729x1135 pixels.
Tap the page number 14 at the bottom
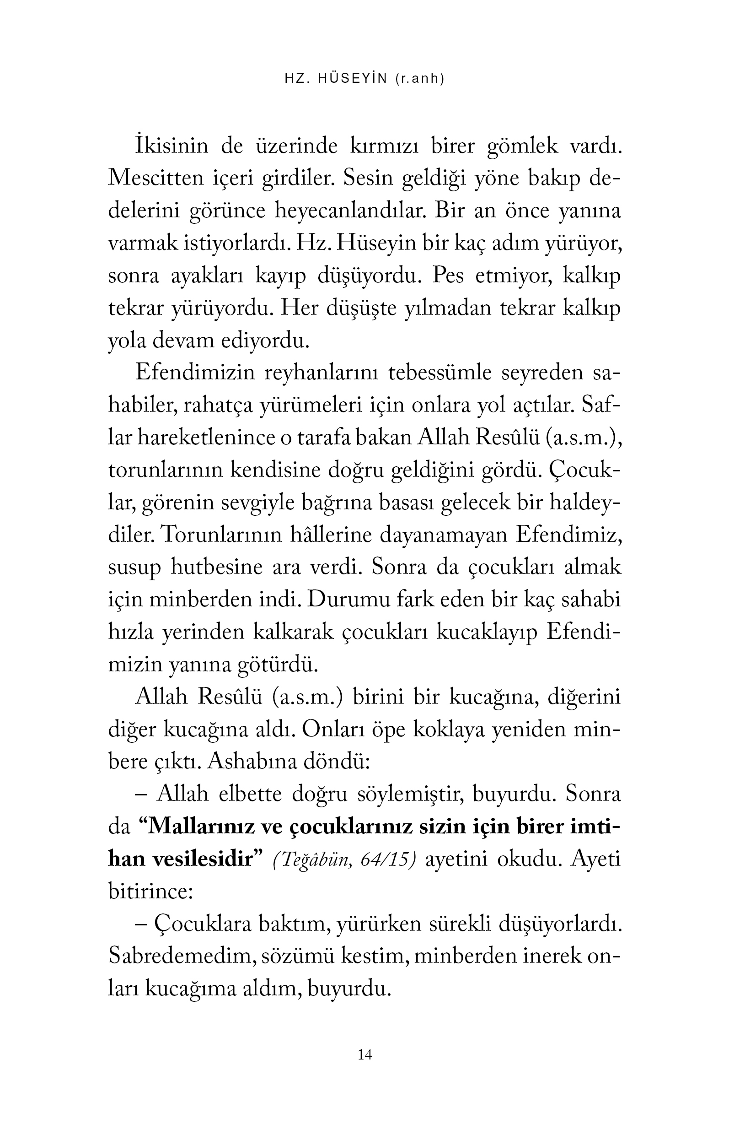pos(365,1054)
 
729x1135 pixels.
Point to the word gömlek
pos(523,146)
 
